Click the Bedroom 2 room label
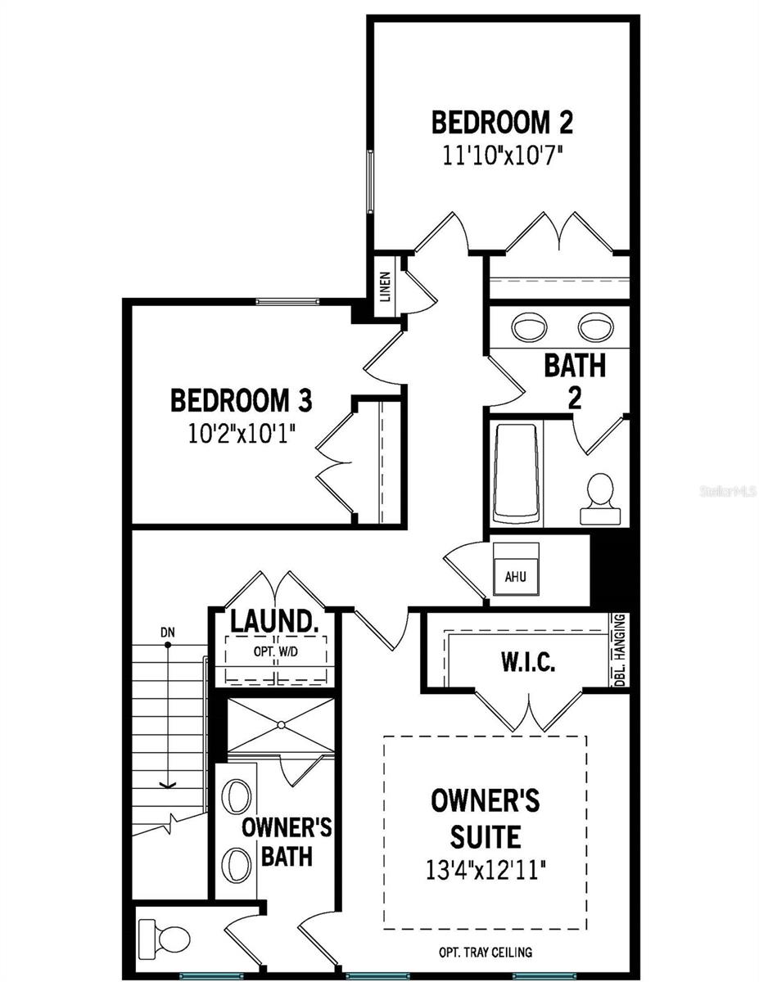(502, 123)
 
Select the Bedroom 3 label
(241, 401)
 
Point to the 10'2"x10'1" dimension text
(241, 432)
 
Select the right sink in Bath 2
(597, 327)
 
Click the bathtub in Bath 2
(517, 473)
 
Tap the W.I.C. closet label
(529, 662)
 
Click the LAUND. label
(273, 622)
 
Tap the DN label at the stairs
(167, 632)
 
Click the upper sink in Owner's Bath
(238, 795)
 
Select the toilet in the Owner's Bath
(157, 935)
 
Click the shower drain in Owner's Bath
(281, 725)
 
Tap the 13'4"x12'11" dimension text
(486, 867)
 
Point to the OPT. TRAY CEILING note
(486, 952)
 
